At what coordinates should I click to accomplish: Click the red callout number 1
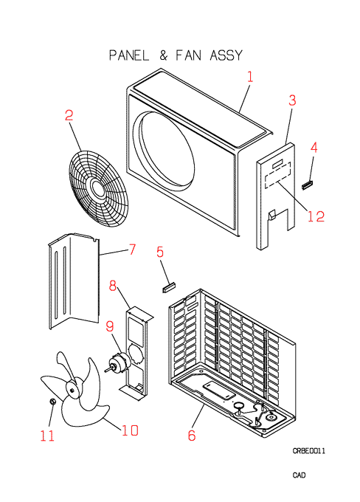coord(250,77)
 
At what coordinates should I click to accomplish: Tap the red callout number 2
coord(69,115)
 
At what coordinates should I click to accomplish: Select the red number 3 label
coord(292,100)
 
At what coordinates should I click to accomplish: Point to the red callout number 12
coord(316,217)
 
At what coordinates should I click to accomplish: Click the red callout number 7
coord(132,249)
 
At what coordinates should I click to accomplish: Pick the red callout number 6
coord(191,436)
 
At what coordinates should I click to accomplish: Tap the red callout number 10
coord(130,430)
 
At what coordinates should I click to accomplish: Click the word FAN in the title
coord(189,55)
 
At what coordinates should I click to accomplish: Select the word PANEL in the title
coord(129,55)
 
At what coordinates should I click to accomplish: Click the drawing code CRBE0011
coord(309,451)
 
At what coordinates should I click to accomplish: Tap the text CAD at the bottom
coord(299,475)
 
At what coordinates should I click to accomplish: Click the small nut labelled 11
coord(52,401)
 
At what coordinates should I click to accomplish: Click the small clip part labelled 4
coord(308,185)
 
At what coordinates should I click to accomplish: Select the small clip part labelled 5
coord(169,287)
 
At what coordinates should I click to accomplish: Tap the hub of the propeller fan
coord(73,390)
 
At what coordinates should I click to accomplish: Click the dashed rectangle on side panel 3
coord(278,176)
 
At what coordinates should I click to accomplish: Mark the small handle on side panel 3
coord(271,215)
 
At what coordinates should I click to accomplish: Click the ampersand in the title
coord(163,55)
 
